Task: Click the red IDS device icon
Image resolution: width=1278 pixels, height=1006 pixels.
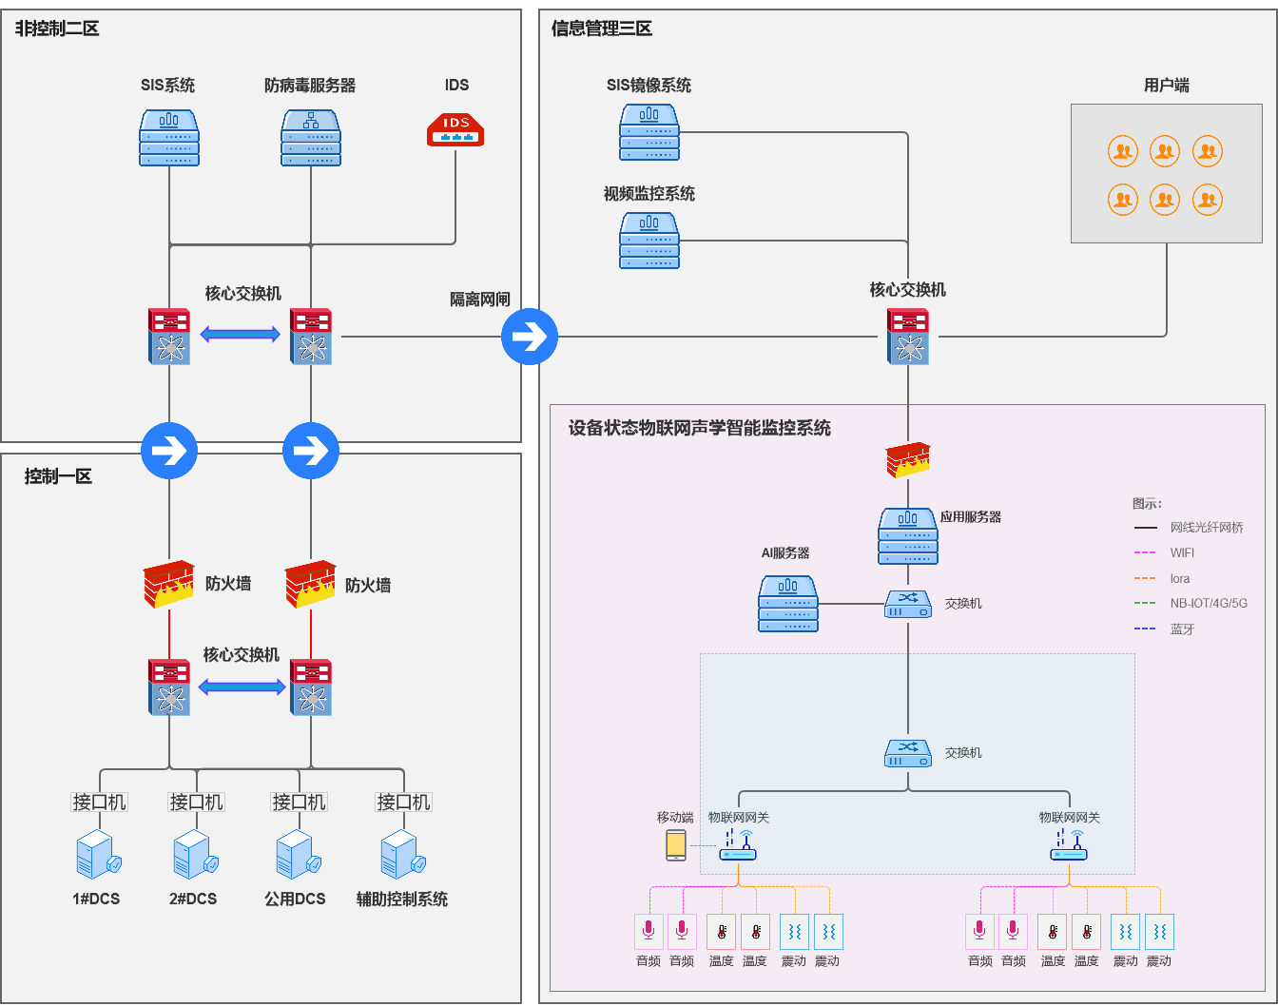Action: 455,129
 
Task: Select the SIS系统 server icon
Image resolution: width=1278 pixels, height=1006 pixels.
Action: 169,138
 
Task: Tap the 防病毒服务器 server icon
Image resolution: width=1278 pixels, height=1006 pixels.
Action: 311,138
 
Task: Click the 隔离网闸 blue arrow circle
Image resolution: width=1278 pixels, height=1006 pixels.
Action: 530,336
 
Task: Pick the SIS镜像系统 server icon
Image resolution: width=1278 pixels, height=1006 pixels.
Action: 649,132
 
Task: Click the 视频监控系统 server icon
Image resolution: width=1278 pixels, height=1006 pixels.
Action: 649,241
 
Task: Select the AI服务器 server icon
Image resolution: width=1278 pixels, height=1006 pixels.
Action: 788,604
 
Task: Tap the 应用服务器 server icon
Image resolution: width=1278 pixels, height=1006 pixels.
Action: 908,536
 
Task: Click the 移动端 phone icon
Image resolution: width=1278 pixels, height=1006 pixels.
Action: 676,845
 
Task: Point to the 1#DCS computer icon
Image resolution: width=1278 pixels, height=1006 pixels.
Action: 97,854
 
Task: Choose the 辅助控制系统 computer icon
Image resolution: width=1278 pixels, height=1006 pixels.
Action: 401,854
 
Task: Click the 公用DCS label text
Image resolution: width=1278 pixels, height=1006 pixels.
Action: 295,899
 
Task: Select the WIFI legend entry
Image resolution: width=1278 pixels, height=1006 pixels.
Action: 1182,552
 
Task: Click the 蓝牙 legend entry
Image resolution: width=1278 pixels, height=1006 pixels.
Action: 1182,629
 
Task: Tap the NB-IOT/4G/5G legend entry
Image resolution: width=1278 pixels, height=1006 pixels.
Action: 1208,603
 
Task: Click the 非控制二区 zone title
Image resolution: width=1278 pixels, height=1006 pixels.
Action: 57,29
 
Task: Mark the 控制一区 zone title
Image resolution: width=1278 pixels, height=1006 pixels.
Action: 58,476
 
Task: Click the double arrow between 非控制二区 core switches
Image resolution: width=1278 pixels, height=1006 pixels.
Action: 241,334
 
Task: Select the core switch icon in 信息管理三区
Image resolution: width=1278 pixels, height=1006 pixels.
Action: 908,337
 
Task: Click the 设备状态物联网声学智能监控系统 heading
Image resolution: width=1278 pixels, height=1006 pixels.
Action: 700,428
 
